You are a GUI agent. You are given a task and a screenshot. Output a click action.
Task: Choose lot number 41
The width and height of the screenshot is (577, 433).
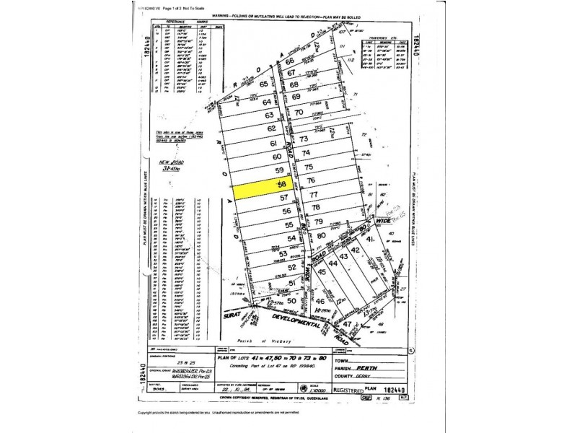tap(370, 240)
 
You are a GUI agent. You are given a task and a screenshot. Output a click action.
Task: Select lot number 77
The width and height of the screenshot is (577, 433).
tap(313, 195)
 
